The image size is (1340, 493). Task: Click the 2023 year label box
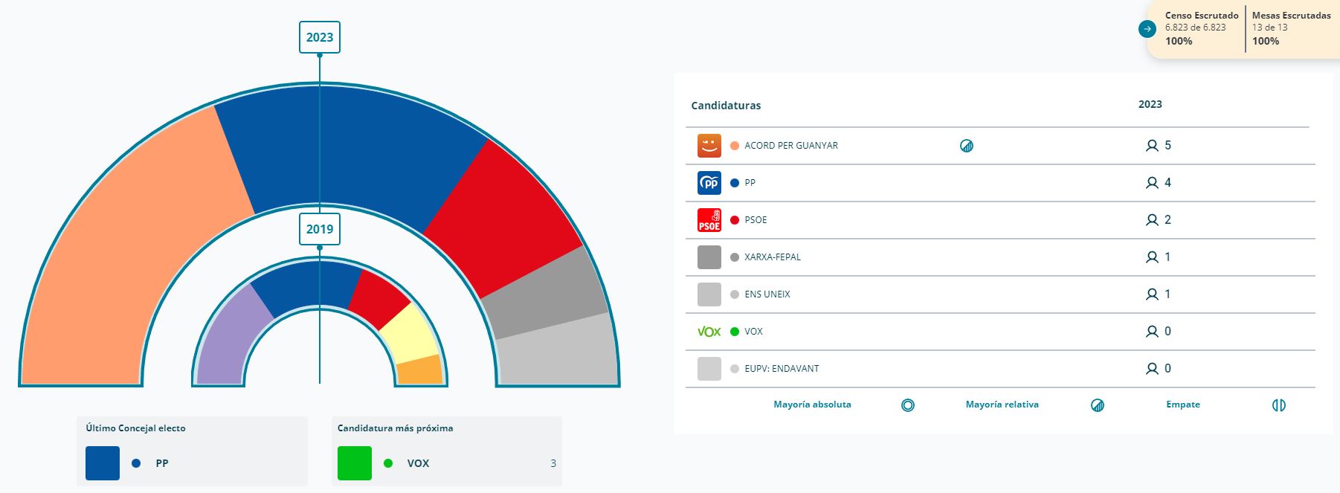[x=320, y=37]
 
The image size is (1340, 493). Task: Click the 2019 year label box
[x=320, y=229]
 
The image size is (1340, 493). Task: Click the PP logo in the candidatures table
[x=709, y=183]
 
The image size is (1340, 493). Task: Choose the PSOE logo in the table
[x=709, y=220]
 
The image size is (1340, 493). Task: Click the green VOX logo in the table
[x=709, y=332]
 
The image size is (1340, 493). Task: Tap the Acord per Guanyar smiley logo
[x=709, y=146]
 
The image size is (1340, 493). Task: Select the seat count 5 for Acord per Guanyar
[x=1167, y=146]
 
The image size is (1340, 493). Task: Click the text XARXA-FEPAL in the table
[x=773, y=257]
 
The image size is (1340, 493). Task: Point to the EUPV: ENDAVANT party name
[x=782, y=369]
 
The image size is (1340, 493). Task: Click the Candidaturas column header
[x=726, y=106]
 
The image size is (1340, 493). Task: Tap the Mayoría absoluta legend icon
[x=907, y=405]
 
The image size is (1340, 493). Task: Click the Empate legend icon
[x=1278, y=405]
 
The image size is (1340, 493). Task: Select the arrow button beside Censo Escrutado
[x=1147, y=29]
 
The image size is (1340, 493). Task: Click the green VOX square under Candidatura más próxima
[x=355, y=463]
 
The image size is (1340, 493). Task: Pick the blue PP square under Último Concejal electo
[x=103, y=463]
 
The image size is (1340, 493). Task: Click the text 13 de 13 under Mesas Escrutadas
[x=1269, y=28]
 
